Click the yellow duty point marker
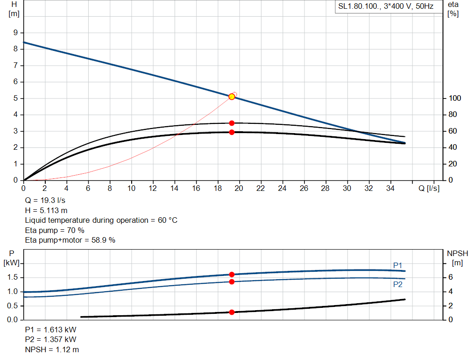pyautogui.click(x=232, y=97)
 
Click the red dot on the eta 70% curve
pyautogui.click(x=232, y=123)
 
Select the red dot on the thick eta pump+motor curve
pyautogui.click(x=232, y=132)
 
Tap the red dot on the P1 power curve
pyautogui.click(x=232, y=275)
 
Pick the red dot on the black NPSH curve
pyautogui.click(x=232, y=312)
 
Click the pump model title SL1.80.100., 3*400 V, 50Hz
pyautogui.click(x=384, y=7)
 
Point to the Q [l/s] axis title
pyautogui.click(x=429, y=188)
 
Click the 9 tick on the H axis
pyautogui.click(x=16, y=33)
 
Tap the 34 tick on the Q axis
pyautogui.click(x=390, y=188)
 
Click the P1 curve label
pyautogui.click(x=398, y=265)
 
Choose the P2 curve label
pyautogui.click(x=398, y=284)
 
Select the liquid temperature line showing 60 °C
pyautogui.click(x=101, y=220)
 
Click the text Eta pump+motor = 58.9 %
pyautogui.click(x=70, y=240)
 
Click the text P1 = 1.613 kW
pyautogui.click(x=51, y=330)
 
